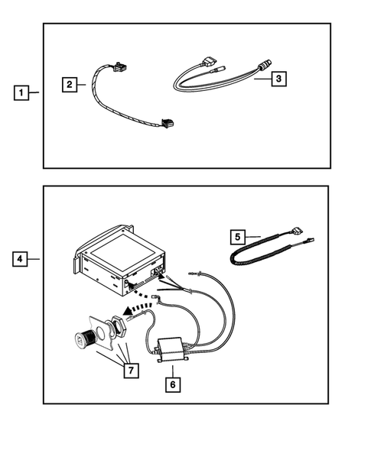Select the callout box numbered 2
point(70,84)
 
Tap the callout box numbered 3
point(279,78)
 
